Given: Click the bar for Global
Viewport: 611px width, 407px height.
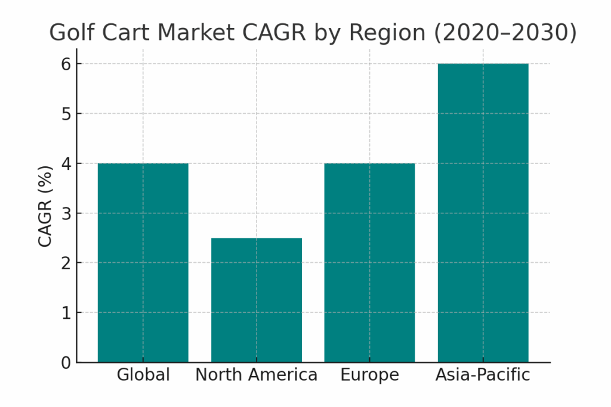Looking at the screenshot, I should (143, 262).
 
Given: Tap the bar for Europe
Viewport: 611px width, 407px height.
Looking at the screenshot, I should (369, 262).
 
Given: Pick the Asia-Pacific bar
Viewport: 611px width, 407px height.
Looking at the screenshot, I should (483, 213).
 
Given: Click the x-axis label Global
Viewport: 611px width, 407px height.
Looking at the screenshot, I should (143, 375).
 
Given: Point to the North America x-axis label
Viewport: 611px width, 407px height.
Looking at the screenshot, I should (257, 375).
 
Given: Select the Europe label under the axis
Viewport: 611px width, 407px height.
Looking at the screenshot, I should (369, 375).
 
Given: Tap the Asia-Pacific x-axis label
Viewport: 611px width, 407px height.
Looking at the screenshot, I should (483, 375).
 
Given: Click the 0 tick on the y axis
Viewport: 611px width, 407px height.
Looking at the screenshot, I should (66, 362).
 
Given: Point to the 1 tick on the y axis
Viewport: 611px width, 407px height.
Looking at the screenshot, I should (66, 313).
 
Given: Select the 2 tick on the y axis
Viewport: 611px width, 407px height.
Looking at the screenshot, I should (66, 263).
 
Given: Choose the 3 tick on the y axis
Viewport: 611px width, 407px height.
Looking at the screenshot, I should (66, 213).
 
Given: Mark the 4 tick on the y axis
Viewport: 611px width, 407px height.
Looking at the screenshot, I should (66, 163).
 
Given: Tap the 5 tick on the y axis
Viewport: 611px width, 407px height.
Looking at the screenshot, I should (66, 114).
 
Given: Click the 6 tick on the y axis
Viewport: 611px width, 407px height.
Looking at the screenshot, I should (66, 64).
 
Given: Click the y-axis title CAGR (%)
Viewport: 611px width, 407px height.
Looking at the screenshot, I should (45, 206).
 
